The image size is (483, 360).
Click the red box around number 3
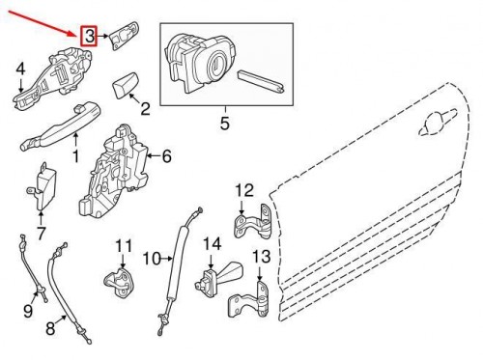[x=89, y=38]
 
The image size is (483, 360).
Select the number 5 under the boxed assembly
[x=226, y=123]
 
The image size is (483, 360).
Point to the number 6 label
[x=165, y=154]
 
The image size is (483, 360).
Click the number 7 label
[x=41, y=233]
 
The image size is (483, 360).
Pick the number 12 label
[x=243, y=189]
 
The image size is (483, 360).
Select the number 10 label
[x=151, y=258]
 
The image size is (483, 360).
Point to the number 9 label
[x=28, y=311]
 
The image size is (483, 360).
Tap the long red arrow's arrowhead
[x=78, y=31]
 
